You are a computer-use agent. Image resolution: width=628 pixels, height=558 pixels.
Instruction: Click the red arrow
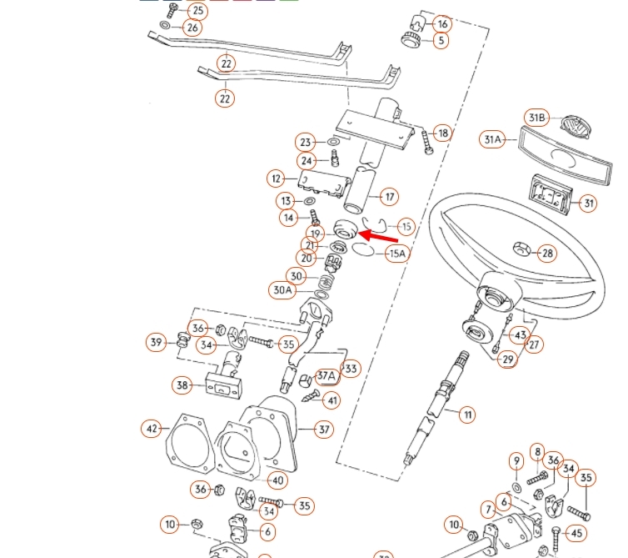[379, 239]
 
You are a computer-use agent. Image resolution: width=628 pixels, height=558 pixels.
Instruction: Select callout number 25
[197, 11]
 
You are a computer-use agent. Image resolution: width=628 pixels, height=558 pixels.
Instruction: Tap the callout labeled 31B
[535, 117]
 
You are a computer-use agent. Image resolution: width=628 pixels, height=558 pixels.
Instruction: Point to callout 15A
[397, 253]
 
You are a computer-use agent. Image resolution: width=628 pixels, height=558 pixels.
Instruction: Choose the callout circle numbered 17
[389, 198]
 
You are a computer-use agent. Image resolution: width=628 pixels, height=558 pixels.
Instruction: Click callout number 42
[151, 429]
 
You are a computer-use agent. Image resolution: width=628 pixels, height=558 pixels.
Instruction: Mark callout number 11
[467, 414]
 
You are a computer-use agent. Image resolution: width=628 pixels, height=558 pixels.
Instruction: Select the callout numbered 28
[546, 253]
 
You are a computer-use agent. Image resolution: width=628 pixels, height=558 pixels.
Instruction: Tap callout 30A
[283, 290]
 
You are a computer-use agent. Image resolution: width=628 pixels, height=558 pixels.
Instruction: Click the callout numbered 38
[182, 385]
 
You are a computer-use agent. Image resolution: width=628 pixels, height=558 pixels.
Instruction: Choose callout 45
[578, 533]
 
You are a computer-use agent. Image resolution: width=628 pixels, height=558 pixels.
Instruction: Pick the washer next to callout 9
[517, 486]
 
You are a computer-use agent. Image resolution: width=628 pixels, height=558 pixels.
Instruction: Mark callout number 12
[277, 178]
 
